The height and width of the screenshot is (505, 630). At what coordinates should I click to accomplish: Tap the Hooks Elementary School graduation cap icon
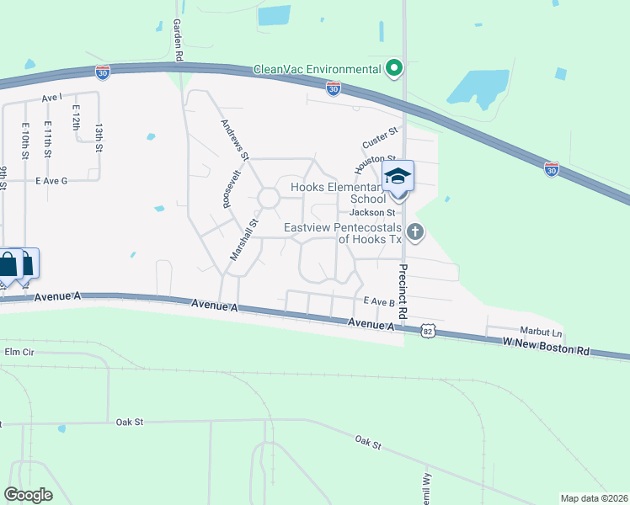click(398, 176)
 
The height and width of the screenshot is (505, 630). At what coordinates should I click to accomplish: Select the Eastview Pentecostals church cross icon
click(414, 231)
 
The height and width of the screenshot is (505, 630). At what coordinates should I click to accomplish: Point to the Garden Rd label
click(179, 39)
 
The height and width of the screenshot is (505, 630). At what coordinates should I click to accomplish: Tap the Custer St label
click(379, 135)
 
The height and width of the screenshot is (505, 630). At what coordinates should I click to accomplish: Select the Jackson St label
click(371, 213)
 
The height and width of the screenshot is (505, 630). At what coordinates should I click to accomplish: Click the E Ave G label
click(51, 181)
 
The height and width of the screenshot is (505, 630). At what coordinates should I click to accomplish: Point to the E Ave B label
click(379, 301)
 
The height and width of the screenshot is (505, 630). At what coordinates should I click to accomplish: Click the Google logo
click(28, 495)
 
